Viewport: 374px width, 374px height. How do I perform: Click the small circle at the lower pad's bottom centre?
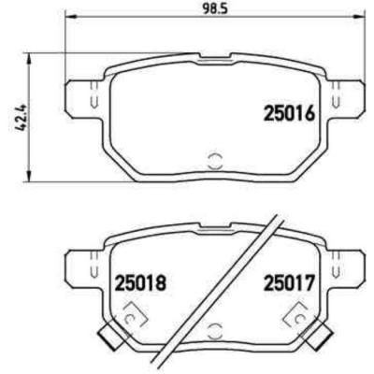click(213, 328)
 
